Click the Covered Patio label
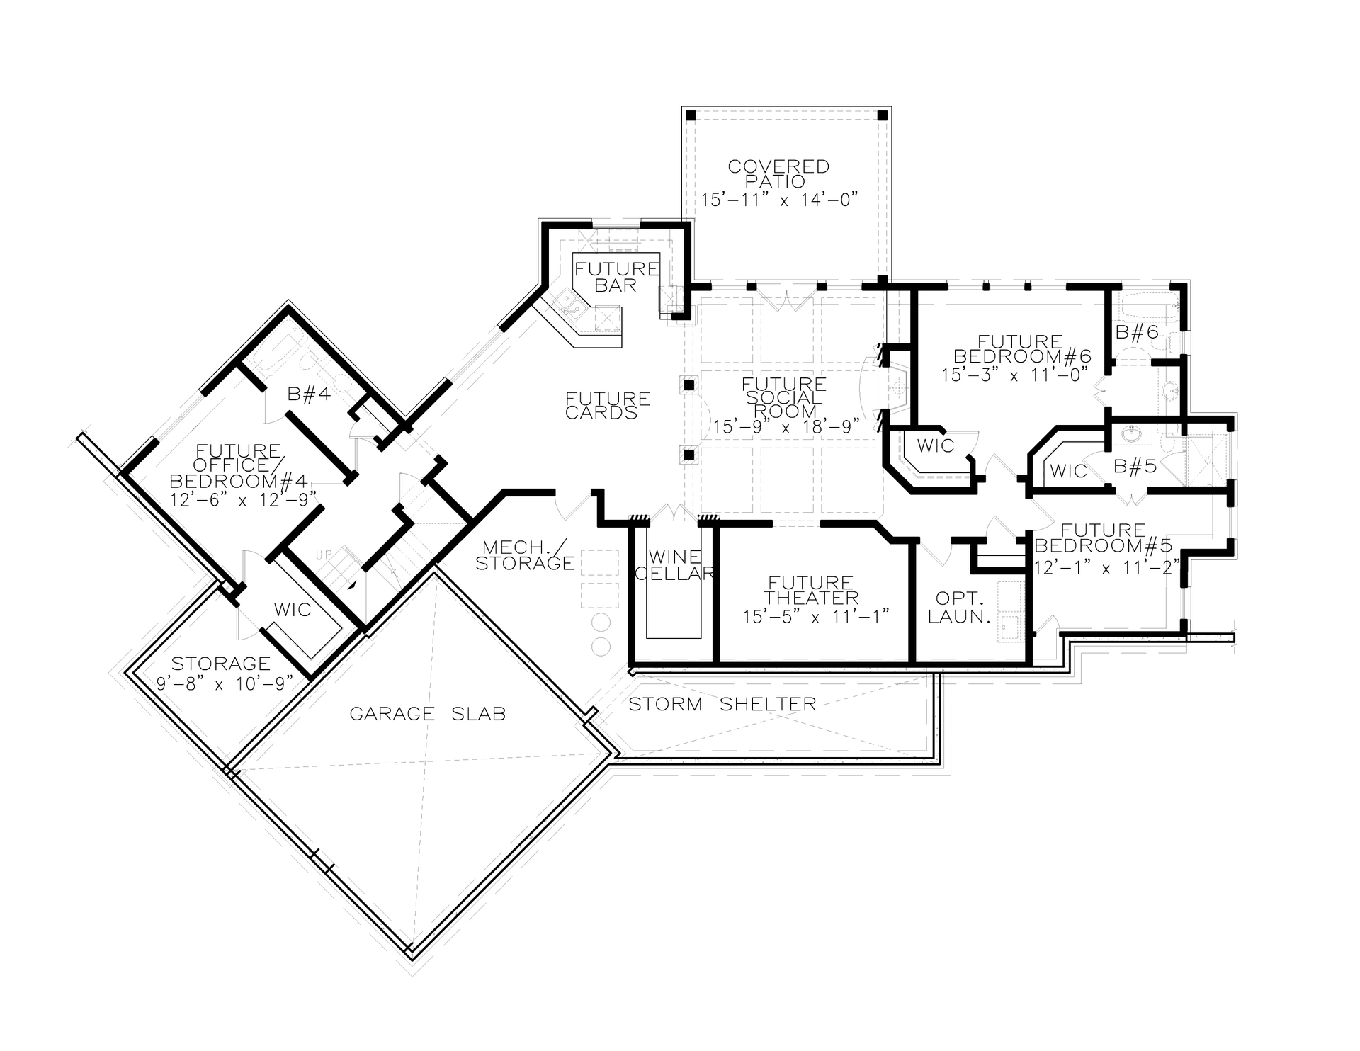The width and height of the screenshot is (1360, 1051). coord(778,174)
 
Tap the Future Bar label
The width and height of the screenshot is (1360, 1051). coord(616,277)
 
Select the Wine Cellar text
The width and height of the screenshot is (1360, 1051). coord(674,565)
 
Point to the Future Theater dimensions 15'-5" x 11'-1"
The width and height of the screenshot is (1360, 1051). coord(815,616)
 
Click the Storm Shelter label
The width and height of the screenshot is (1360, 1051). coord(722,704)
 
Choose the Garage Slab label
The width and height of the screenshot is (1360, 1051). coord(428,713)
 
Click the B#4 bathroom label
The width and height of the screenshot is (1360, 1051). coord(309,394)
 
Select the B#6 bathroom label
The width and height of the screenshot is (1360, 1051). coord(1137,331)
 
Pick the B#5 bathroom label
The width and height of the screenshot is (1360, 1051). coord(1135,466)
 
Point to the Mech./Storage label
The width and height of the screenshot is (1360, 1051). coord(524,555)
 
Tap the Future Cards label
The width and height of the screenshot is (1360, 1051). coord(608,405)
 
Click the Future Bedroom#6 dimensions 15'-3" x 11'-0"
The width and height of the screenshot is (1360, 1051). coord(1014,375)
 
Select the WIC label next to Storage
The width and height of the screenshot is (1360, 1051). coord(293,610)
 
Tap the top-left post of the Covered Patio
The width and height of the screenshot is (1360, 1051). coord(692,115)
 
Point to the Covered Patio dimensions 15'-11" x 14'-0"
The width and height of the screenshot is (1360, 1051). coord(779,200)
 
